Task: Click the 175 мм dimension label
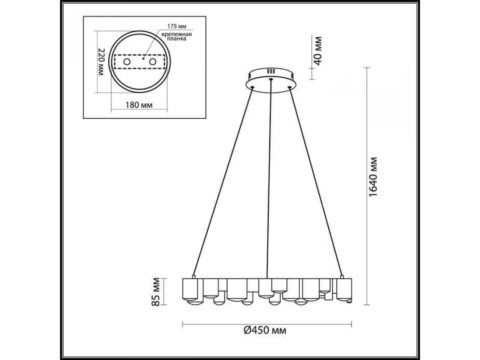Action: point(177,26)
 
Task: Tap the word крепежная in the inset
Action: point(177,34)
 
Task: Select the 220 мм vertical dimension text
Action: point(101,62)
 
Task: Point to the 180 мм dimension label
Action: point(139,105)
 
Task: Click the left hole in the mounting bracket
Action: point(127,62)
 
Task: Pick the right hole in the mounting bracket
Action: point(153,62)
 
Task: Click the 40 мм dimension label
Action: point(318,51)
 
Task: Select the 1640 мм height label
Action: point(373,177)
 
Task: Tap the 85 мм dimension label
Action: point(156,292)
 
